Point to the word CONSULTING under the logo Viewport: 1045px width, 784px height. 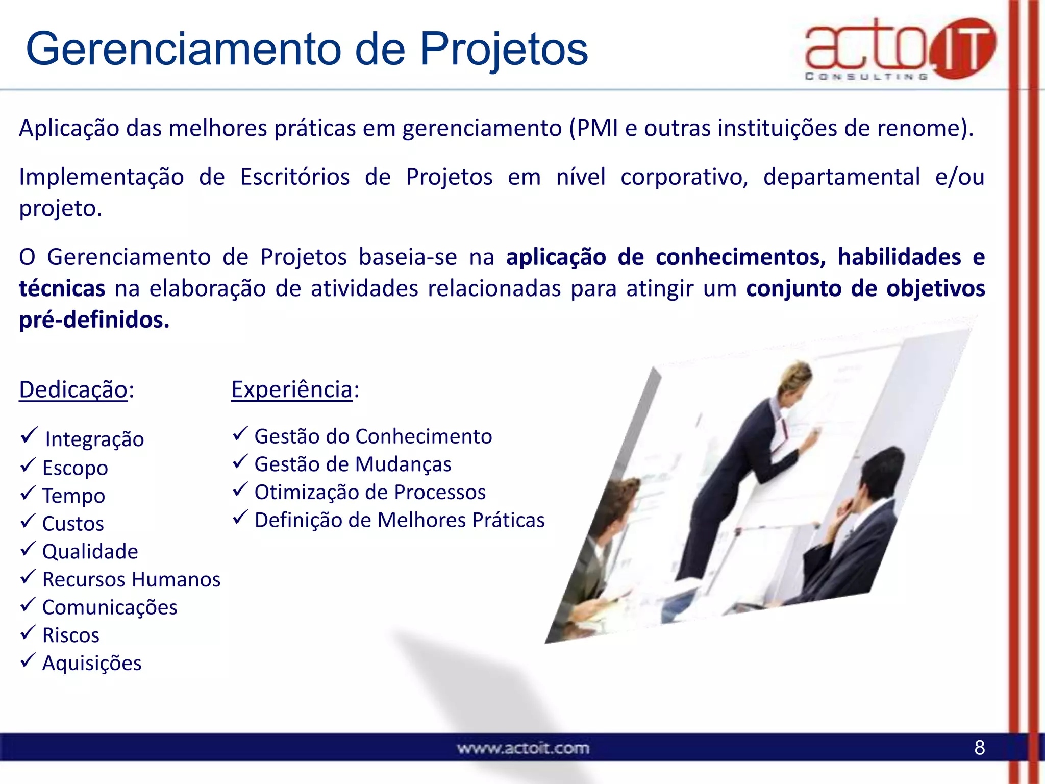click(x=866, y=77)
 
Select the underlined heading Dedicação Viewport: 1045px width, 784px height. click(x=73, y=389)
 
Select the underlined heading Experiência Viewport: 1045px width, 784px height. click(x=292, y=389)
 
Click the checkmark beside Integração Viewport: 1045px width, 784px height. click(x=29, y=435)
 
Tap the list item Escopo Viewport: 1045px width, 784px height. click(x=75, y=468)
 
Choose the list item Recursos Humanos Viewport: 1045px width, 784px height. click(x=131, y=579)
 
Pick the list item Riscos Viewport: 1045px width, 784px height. click(x=70, y=635)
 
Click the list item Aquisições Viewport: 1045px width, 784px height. click(x=92, y=664)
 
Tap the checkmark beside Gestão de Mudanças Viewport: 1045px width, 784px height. click(x=240, y=462)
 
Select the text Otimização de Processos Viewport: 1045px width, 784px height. click(x=370, y=493)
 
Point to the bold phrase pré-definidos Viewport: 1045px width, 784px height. click(x=94, y=320)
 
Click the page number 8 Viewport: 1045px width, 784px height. click(x=979, y=748)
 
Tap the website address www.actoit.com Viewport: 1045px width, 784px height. click(x=523, y=749)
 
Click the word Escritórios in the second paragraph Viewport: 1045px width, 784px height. click(x=294, y=177)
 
